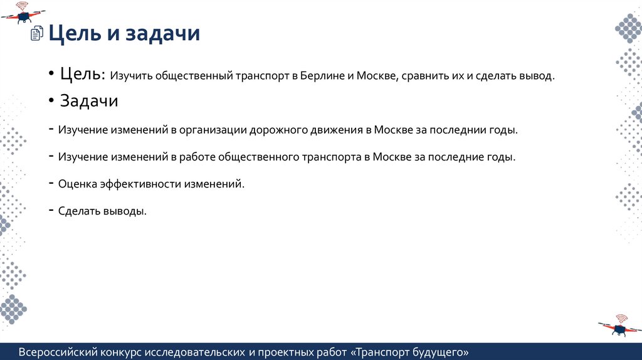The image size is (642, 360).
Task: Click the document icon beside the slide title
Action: (x=38, y=34)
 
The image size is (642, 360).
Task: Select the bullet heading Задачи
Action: (x=89, y=101)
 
